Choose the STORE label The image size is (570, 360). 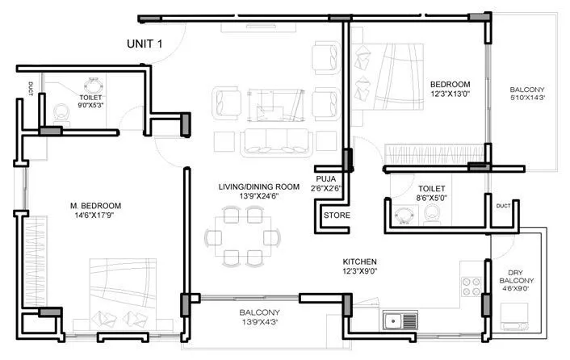tap(337, 216)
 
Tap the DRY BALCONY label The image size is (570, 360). tap(517, 272)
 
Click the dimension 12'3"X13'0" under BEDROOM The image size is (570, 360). tap(449, 95)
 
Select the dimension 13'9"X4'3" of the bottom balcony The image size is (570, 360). tap(258, 322)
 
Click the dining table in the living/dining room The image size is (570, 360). tap(243, 237)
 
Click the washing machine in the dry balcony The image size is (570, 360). tap(516, 314)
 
